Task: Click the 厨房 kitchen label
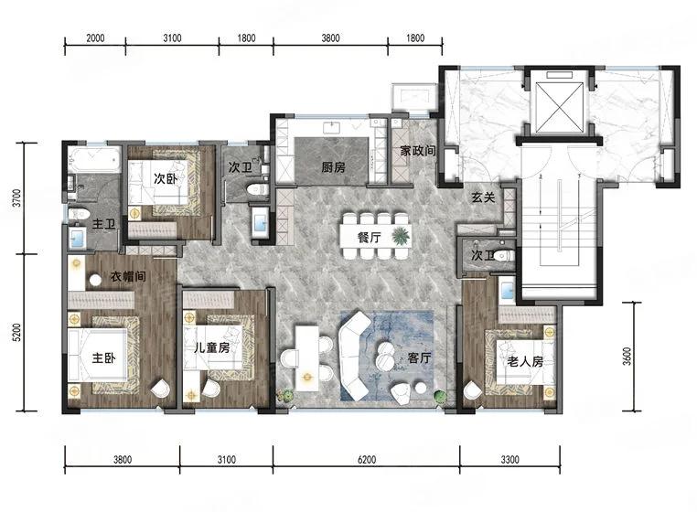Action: coord(333,167)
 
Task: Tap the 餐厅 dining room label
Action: coord(369,238)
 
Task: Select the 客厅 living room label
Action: coord(419,357)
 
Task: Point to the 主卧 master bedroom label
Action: coord(103,357)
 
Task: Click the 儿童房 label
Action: coord(212,347)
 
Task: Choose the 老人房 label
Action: coord(525,361)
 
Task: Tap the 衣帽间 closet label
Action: coord(128,276)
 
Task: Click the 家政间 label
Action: coord(418,151)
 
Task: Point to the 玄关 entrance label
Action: coord(483,197)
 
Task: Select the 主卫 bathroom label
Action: coord(103,224)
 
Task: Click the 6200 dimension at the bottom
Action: coord(367,459)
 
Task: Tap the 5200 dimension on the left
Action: coord(16,333)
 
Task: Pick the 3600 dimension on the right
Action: coord(627,357)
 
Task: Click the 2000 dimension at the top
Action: coord(95,38)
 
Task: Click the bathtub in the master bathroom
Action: coord(95,160)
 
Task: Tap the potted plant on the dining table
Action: coord(401,236)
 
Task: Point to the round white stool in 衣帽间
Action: coord(95,281)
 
